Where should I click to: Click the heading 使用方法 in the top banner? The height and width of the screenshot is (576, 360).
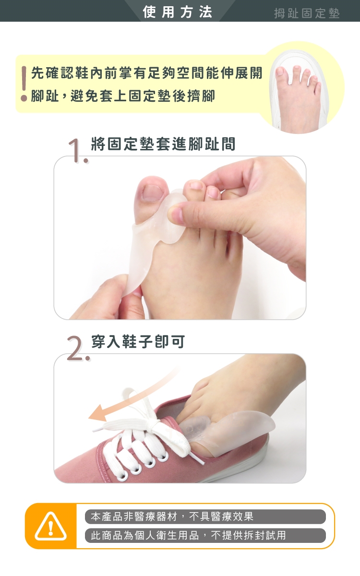[x=178, y=12]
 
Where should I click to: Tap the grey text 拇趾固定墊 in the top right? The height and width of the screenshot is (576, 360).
[x=307, y=13]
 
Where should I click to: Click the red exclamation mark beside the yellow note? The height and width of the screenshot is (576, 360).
[x=24, y=84]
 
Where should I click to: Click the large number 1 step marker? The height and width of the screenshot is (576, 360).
[x=77, y=151]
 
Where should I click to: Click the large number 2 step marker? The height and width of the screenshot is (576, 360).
[x=77, y=348]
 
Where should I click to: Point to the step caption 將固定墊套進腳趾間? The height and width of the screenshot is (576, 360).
[x=163, y=144]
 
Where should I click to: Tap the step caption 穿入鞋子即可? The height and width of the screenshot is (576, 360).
[x=138, y=341]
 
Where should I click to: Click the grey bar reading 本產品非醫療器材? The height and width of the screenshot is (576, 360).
[x=205, y=516]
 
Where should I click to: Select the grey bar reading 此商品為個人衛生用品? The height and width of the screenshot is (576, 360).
[x=205, y=536]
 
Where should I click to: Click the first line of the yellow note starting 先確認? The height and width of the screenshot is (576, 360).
[x=146, y=73]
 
